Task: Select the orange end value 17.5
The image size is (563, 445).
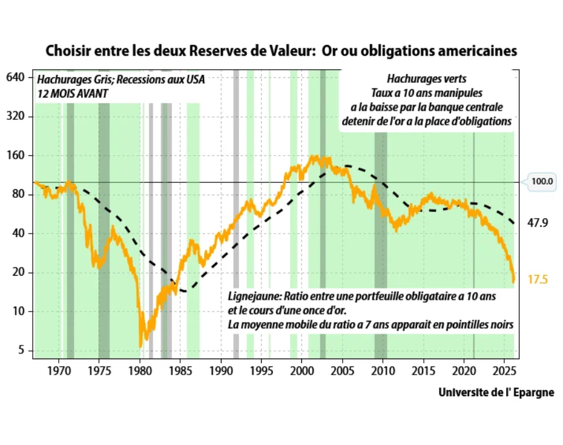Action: [x=538, y=279]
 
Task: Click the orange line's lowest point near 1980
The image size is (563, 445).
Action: [x=141, y=346]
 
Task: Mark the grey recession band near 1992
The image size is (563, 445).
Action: [x=236, y=216]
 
